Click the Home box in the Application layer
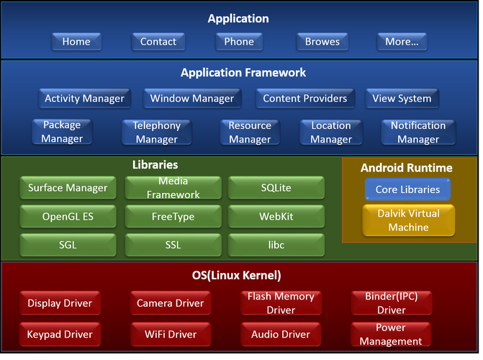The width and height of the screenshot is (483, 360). click(x=76, y=42)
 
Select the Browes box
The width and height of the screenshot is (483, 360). click(x=322, y=42)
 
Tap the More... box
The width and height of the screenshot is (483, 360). click(x=402, y=42)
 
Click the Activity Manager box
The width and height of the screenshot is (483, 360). click(x=84, y=99)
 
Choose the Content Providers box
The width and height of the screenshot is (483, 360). click(x=304, y=99)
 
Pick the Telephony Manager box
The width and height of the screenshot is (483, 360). click(x=156, y=132)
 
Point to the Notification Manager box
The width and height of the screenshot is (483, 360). click(x=418, y=132)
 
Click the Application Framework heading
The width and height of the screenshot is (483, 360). click(x=243, y=73)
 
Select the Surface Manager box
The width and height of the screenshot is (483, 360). click(x=68, y=188)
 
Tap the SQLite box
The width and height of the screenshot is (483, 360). click(x=276, y=188)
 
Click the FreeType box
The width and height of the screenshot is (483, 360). click(x=173, y=216)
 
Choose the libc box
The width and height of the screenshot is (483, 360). click(x=276, y=245)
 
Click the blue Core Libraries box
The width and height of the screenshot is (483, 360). click(x=407, y=190)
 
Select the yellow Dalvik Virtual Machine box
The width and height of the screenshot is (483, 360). click(x=408, y=220)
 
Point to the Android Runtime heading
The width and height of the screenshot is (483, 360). click(x=407, y=168)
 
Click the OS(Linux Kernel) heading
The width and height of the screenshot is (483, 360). click(x=241, y=276)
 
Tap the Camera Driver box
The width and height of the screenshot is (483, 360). click(x=170, y=303)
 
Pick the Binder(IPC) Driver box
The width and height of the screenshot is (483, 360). click(x=392, y=303)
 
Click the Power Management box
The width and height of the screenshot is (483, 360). click(x=391, y=334)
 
